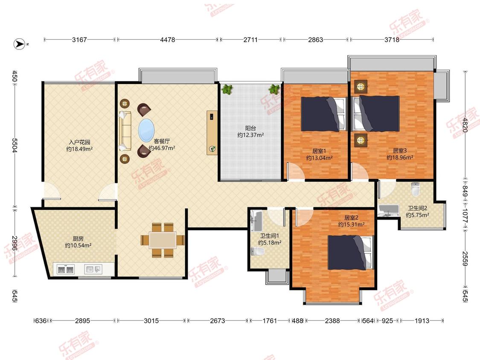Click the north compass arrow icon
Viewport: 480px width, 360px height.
click(x=20, y=44)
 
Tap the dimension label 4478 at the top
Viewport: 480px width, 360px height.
click(x=167, y=40)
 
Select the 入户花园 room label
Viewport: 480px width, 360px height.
click(x=79, y=142)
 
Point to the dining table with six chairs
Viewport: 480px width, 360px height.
click(x=163, y=240)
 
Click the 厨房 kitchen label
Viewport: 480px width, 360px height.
click(x=78, y=238)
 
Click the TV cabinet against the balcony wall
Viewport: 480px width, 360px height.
click(x=212, y=133)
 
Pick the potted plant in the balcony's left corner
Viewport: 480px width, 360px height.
click(x=227, y=89)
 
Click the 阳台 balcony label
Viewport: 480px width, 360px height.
click(x=250, y=128)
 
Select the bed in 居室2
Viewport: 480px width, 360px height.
click(x=351, y=253)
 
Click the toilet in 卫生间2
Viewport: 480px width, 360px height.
click(x=415, y=189)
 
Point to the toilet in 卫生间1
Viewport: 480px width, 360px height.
click(x=257, y=252)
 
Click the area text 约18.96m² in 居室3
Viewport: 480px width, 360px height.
click(x=400, y=157)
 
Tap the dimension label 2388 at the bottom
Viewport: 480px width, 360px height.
click(x=332, y=320)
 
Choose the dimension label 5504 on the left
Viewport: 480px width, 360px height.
click(x=15, y=145)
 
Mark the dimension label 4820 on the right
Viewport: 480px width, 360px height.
click(x=465, y=125)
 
